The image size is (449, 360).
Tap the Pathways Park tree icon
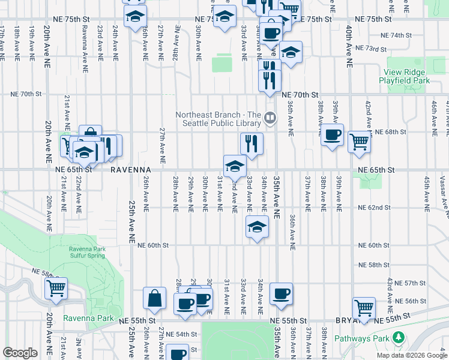coord(397,338)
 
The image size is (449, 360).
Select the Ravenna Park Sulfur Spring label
coord(87,252)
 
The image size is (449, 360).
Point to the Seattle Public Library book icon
coord(270,118)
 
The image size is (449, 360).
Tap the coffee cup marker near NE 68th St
coord(331,135)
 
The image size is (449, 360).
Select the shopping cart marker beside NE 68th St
coord(359,142)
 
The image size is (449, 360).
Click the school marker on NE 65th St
coord(235,166)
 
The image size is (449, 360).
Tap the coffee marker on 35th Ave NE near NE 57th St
coord(281,294)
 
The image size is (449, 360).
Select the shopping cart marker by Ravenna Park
coord(56,288)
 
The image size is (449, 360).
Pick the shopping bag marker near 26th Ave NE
coord(154,298)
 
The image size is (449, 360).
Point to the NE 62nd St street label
coord(374,208)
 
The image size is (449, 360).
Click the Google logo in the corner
coord(20,353)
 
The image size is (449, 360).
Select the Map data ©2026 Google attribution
coord(411,355)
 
